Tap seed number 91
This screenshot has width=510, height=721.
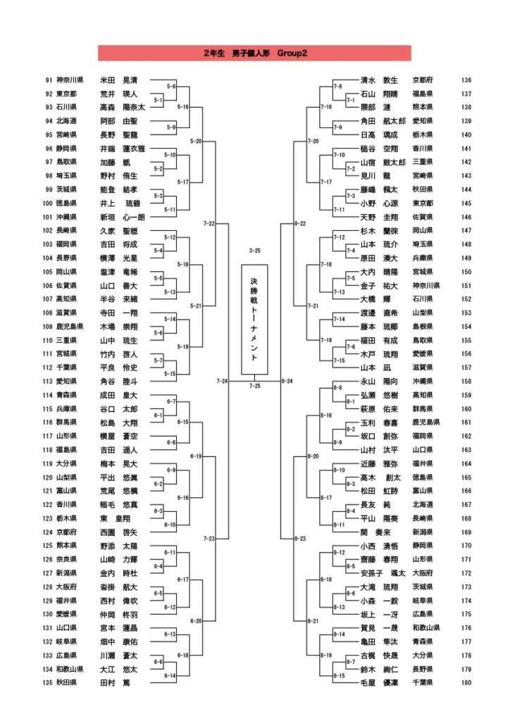[49, 80]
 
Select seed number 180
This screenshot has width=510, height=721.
[466, 682]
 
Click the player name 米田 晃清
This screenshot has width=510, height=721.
[119, 80]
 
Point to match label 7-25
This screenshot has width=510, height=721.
[254, 385]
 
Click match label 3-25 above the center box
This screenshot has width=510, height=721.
[254, 251]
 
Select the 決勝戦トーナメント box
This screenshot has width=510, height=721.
[254, 319]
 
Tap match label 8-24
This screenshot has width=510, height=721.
[287, 381]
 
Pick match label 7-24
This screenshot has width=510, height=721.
[222, 381]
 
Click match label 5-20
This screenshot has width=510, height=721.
[197, 142]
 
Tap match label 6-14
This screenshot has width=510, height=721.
[170, 675]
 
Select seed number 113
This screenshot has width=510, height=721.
[47, 382]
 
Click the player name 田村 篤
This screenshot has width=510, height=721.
[116, 682]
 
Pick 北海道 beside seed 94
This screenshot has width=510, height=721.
[68, 121]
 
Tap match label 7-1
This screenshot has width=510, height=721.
[349, 101]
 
